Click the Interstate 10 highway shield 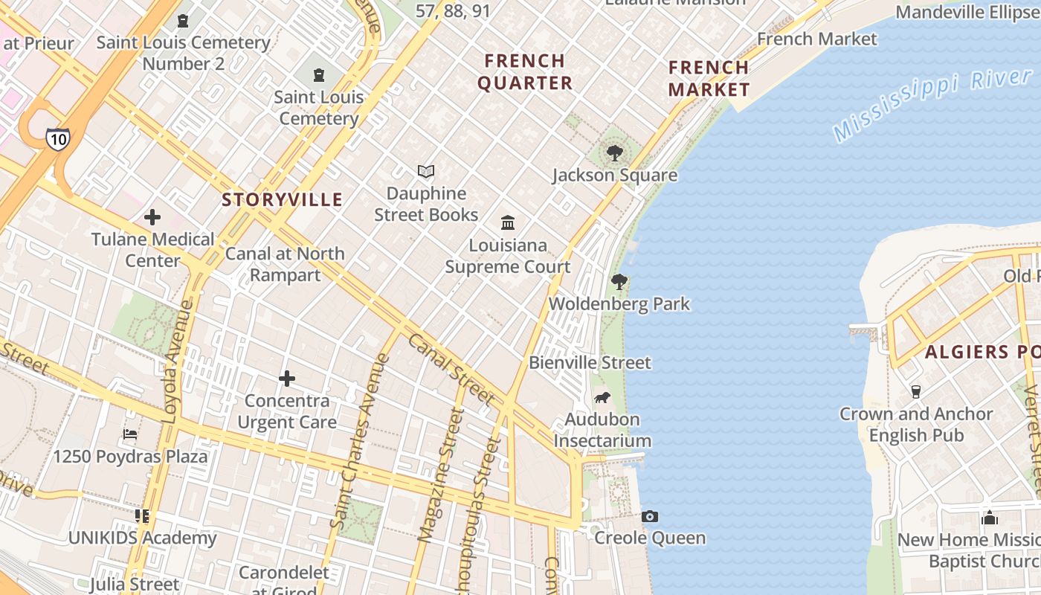tap(57, 138)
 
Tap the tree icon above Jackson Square tap(614, 154)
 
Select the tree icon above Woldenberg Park tap(619, 283)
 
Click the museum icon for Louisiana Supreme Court tap(508, 222)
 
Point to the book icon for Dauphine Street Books tap(426, 172)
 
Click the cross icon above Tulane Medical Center tap(152, 217)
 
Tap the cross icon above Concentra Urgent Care tap(287, 379)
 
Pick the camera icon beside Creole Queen tap(650, 516)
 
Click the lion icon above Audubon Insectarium tap(602, 398)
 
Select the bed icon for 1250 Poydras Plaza tap(130, 434)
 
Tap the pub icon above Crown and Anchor tap(916, 392)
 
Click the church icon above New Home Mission tap(990, 518)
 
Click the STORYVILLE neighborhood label tap(283, 199)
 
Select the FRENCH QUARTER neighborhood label tap(525, 71)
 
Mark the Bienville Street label tap(590, 363)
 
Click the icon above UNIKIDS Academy tap(142, 515)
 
